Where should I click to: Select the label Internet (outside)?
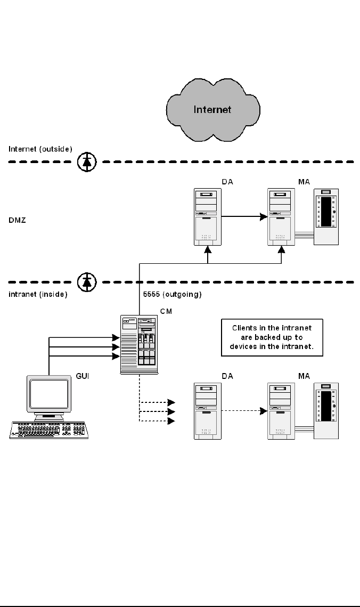coord(40,149)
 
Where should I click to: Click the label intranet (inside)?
coord(38,294)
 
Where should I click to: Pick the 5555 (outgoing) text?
coord(171,294)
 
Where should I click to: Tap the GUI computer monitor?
coord(50,397)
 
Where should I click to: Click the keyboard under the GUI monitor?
coord(48,430)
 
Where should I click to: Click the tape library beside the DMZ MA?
coord(326,217)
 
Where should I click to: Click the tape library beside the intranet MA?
coord(326,412)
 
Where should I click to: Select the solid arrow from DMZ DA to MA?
coord(242,216)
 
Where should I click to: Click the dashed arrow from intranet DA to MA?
coord(242,411)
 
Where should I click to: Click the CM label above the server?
coord(166,310)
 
